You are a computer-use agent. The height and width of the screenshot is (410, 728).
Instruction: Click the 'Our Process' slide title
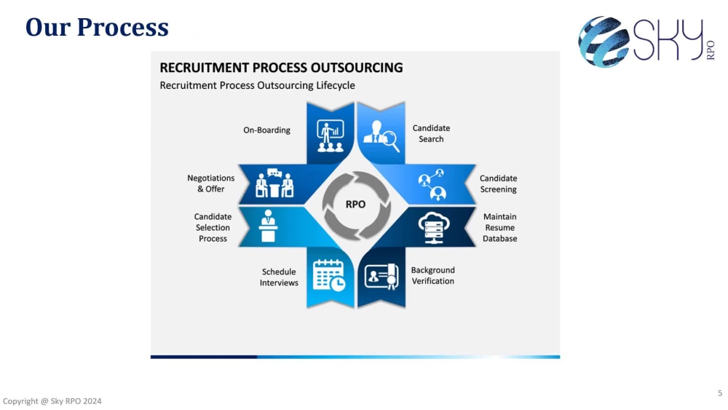click(x=97, y=27)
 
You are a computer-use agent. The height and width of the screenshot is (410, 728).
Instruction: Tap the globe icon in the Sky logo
click(x=603, y=42)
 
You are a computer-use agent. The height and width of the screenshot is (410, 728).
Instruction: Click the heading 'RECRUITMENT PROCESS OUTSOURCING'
click(x=281, y=68)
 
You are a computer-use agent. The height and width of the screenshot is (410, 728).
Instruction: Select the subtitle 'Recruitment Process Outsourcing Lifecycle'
click(x=257, y=85)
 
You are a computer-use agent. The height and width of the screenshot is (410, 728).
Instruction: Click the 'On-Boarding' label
click(x=266, y=130)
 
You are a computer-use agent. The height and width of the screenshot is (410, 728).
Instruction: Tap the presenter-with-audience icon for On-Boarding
click(x=330, y=136)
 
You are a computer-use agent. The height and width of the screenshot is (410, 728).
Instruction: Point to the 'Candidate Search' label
click(x=431, y=133)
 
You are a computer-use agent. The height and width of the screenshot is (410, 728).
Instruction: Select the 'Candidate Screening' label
click(x=498, y=184)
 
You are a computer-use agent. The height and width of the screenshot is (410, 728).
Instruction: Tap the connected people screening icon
click(x=432, y=185)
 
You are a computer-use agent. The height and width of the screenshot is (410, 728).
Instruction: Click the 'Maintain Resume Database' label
click(x=499, y=227)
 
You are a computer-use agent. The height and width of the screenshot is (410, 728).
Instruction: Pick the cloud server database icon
click(x=434, y=227)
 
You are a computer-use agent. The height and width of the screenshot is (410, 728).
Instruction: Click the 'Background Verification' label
click(x=432, y=275)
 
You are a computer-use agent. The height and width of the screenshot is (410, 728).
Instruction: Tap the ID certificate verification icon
click(x=381, y=277)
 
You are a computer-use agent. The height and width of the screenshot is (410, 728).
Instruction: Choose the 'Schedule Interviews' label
click(x=279, y=277)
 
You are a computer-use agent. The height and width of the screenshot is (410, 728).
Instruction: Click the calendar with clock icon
click(x=329, y=276)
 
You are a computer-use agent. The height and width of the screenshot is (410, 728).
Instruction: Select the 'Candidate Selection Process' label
click(x=213, y=227)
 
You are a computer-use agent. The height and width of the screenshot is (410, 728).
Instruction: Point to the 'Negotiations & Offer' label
click(x=211, y=184)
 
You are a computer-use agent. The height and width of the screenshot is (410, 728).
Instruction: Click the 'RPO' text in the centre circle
click(x=356, y=205)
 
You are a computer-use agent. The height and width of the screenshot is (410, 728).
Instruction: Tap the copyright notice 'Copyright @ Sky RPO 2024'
click(x=52, y=401)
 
